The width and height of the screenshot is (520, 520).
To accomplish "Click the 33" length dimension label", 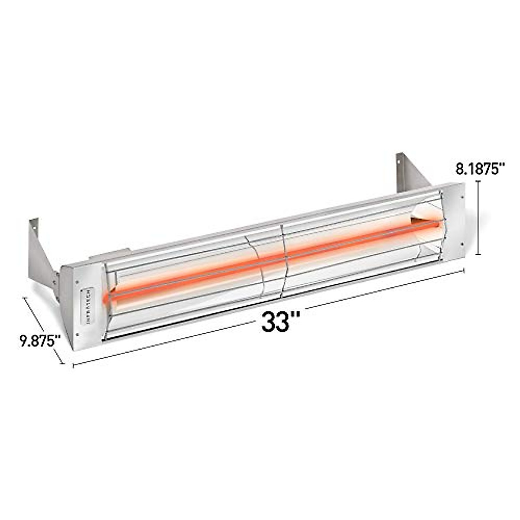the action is tap(280, 322).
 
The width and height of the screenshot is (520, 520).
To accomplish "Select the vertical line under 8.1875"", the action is tap(478, 218).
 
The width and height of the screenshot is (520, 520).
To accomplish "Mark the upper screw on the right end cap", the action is tap(462, 197).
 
